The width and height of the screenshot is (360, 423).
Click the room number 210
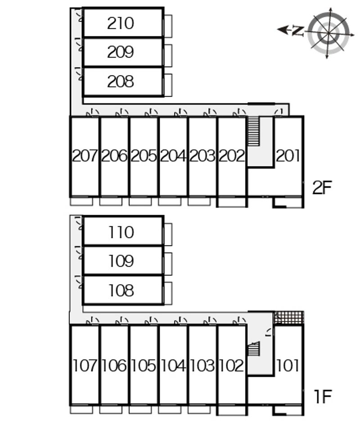pos(121,23)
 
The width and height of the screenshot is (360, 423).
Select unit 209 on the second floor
pos(121,52)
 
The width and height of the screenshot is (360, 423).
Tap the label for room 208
pos(121,81)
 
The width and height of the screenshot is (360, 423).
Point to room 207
pos(85,156)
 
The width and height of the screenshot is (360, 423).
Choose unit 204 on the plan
pos(173,156)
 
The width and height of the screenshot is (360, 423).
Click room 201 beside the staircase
pos(288,156)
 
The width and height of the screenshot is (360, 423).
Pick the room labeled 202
pos(232,156)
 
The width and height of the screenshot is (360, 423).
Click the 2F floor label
pos(322,187)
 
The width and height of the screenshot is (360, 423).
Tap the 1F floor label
pos(322,396)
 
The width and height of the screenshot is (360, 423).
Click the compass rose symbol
pos(329,31)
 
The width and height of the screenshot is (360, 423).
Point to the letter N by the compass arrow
pos(297,31)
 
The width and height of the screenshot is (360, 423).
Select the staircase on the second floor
pos(254,131)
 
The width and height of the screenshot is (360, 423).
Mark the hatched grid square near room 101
pos(288,318)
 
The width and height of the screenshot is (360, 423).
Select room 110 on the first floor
pos(121,232)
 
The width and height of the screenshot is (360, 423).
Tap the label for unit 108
pos(121,291)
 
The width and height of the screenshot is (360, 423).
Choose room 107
pos(85,365)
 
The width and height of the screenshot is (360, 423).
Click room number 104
pos(173,365)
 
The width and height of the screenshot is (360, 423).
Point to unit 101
pos(288,365)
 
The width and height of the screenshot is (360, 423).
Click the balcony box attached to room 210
pos(167,26)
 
